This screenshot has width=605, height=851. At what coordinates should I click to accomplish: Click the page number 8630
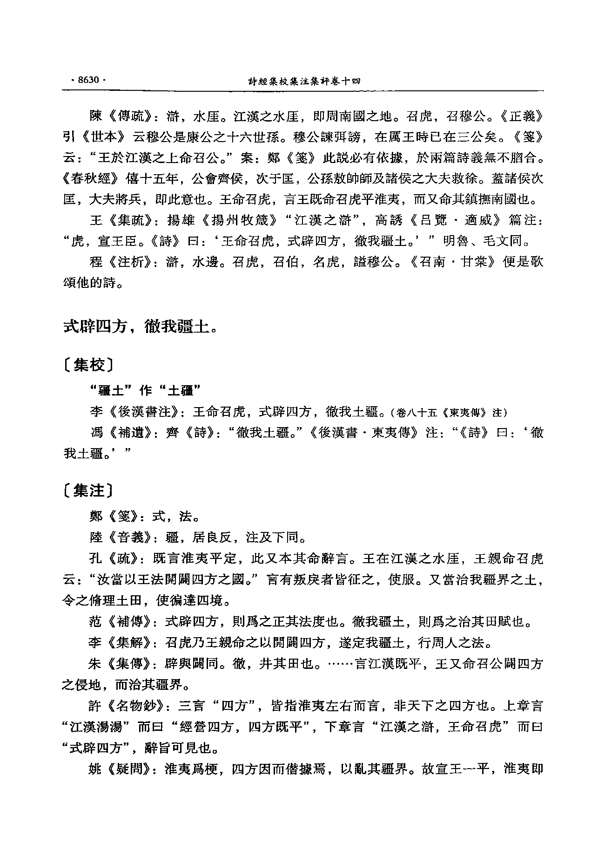point(88,80)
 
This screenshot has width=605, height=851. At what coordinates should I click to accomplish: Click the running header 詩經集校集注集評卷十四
point(304,81)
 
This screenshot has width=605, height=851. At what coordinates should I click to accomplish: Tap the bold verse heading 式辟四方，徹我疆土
point(140,327)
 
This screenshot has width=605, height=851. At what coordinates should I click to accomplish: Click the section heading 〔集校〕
point(88,366)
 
